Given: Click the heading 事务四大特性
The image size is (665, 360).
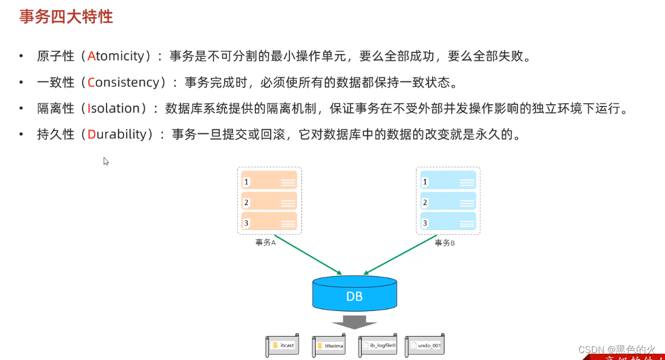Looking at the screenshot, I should click(x=66, y=17).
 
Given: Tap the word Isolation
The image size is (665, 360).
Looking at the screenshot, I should click(x=113, y=109).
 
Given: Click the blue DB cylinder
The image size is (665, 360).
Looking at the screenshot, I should click(x=354, y=294).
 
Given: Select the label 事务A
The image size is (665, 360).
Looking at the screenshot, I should click(x=266, y=243).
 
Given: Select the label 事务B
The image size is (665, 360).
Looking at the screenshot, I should click(x=444, y=243).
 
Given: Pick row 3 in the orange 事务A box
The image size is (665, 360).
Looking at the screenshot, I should click(x=269, y=222).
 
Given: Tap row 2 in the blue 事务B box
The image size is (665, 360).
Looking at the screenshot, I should click(x=448, y=202).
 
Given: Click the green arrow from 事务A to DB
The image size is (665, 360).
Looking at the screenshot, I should click(x=308, y=254).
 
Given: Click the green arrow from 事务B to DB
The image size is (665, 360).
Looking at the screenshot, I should click(x=399, y=254).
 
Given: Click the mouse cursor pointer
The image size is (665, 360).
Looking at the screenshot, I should click(x=105, y=161).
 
